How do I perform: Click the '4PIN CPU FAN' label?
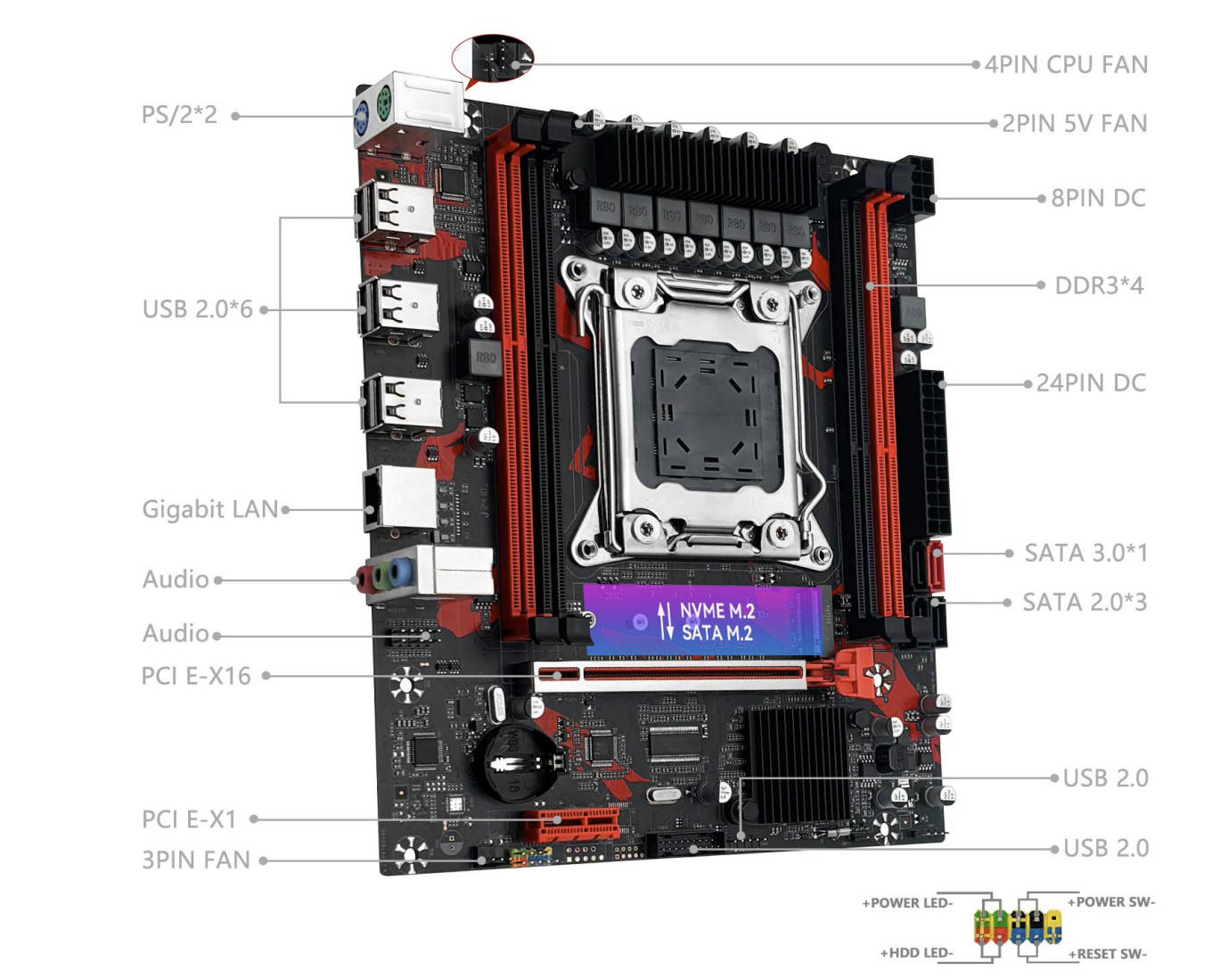pos(1067,65)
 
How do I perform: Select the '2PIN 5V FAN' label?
pos(1075,124)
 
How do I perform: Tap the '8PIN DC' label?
pos(1099,199)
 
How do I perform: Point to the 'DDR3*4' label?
pos(1099,285)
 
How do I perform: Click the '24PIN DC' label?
pos(1092,383)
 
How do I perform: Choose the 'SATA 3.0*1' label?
pos(1086,553)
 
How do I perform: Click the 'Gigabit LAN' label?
pos(210,509)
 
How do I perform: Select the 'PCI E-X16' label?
pos(196,676)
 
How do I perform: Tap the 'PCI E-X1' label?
pos(189,819)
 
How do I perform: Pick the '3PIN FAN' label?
pos(196,860)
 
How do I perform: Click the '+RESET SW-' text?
pos(1108,954)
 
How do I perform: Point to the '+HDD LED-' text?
pos(917,953)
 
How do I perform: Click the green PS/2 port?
pos(384,101)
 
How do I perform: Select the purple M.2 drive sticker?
pos(702,621)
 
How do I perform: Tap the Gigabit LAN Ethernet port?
pos(399,498)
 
